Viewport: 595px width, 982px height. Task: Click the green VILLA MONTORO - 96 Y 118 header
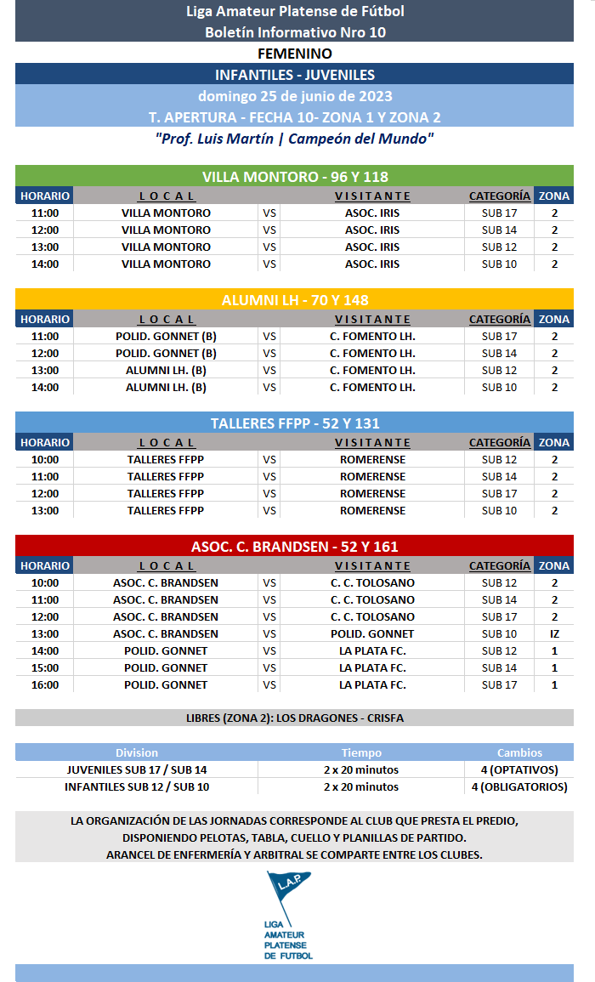click(294, 177)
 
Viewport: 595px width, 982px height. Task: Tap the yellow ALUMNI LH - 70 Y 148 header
click(294, 300)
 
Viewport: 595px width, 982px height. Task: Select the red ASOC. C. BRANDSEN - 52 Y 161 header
click(294, 547)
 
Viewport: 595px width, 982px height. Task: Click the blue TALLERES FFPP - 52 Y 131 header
click(294, 423)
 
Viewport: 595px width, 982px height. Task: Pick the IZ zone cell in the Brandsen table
click(554, 633)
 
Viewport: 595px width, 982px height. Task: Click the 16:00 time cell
click(45, 684)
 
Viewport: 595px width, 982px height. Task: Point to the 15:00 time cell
click(45, 667)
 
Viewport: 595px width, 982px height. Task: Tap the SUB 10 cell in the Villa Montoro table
click(499, 264)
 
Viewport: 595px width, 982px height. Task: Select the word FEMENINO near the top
click(294, 54)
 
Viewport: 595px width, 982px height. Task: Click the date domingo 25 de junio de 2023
click(294, 96)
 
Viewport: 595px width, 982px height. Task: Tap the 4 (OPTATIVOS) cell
click(518, 769)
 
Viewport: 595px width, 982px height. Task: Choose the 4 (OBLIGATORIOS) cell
click(518, 786)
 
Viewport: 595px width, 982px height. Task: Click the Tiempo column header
click(361, 752)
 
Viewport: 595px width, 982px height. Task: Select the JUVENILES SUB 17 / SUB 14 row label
click(137, 769)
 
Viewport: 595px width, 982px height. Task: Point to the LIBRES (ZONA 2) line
click(294, 718)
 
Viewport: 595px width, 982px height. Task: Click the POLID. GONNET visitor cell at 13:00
click(372, 633)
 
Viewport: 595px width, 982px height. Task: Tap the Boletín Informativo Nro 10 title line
click(294, 32)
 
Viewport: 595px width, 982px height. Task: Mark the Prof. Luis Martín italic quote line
click(294, 138)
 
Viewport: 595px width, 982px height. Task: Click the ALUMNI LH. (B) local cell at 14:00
click(166, 387)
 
